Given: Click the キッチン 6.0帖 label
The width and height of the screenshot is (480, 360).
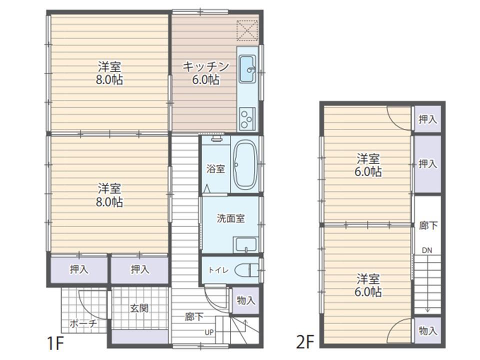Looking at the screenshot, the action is tap(205, 73).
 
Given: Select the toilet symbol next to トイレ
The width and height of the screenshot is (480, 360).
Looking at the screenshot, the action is tap(246, 270).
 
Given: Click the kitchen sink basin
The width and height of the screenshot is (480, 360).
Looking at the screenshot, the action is tap(247, 69).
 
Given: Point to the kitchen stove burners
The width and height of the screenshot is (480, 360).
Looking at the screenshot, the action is tap(247, 118).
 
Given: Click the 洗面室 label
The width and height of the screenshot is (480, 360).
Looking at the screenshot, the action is tap(230, 218).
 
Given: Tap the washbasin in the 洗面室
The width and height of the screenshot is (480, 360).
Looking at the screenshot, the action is tap(245, 245).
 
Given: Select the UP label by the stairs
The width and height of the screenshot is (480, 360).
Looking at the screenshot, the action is tap(209, 332).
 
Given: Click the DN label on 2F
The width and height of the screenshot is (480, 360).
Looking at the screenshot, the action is tap(427, 250).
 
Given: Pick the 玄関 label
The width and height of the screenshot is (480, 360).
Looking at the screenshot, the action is tap(139, 308).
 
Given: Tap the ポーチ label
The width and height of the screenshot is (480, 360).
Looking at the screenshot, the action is tap(83, 323).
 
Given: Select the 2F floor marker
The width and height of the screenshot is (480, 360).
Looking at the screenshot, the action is tap(305, 342).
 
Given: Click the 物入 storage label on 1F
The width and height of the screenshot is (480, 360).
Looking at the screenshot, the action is tap(246, 300).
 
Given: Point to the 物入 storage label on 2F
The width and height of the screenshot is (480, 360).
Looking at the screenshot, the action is tap(428, 330).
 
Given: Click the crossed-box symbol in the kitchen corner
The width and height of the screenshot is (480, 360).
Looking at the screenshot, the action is tap(247, 30).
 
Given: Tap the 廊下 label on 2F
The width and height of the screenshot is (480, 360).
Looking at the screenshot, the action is tap(428, 225).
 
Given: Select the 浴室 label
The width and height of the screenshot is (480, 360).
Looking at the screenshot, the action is tap(215, 168).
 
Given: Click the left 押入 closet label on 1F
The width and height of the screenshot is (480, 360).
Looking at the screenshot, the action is tap(79, 269).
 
